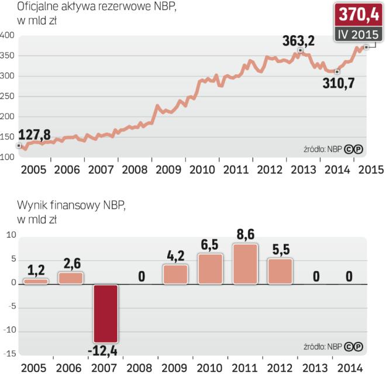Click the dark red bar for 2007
[x=106, y=313]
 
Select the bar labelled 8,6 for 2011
[x=245, y=264]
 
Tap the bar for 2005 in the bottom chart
[x=36, y=281]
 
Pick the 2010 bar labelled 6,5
[x=210, y=269]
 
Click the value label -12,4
[x=106, y=351]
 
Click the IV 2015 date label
[x=358, y=34]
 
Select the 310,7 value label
[x=340, y=83]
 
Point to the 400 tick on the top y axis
[x=8, y=36]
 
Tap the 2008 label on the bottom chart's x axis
[x=140, y=368]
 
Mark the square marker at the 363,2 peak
[x=300, y=51]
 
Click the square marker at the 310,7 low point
[x=337, y=72]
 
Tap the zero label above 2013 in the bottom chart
[x=316, y=274]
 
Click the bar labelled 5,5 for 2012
[x=280, y=271]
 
